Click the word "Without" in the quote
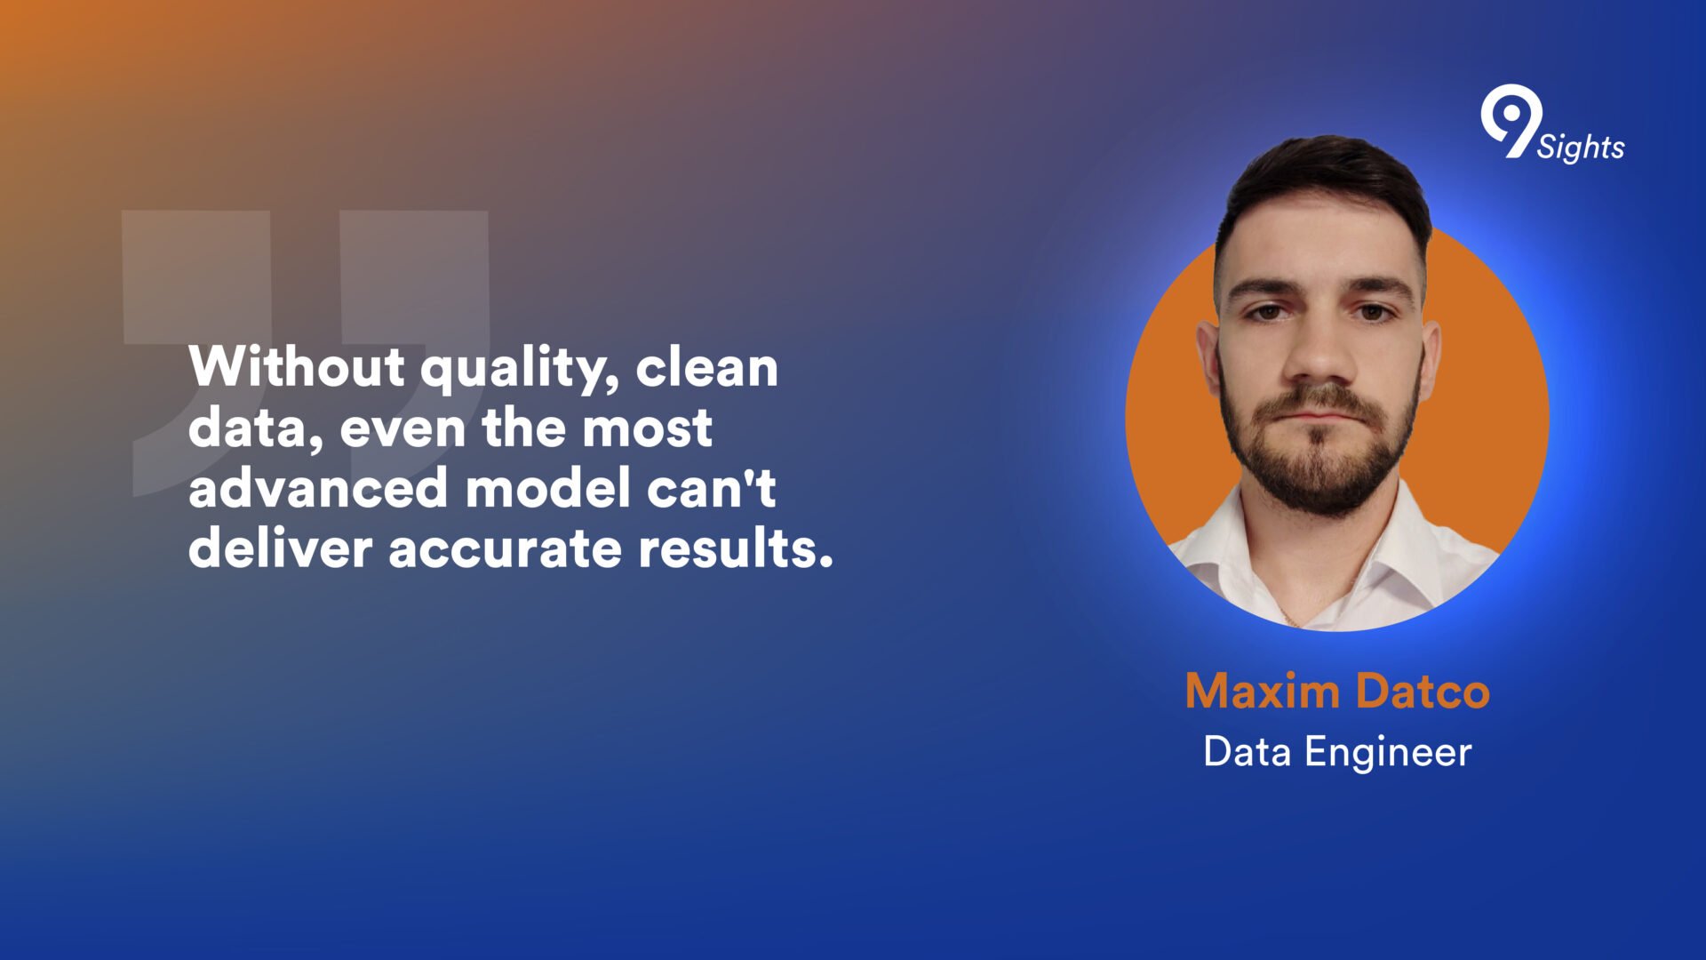(x=297, y=366)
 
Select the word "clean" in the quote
(x=707, y=366)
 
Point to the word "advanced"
(x=318, y=488)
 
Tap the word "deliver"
(x=281, y=548)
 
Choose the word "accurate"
(x=506, y=549)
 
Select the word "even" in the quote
(x=403, y=429)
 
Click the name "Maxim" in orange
(x=1263, y=691)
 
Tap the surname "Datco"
(x=1423, y=691)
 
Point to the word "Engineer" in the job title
(x=1388, y=754)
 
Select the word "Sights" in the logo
(x=1581, y=148)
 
